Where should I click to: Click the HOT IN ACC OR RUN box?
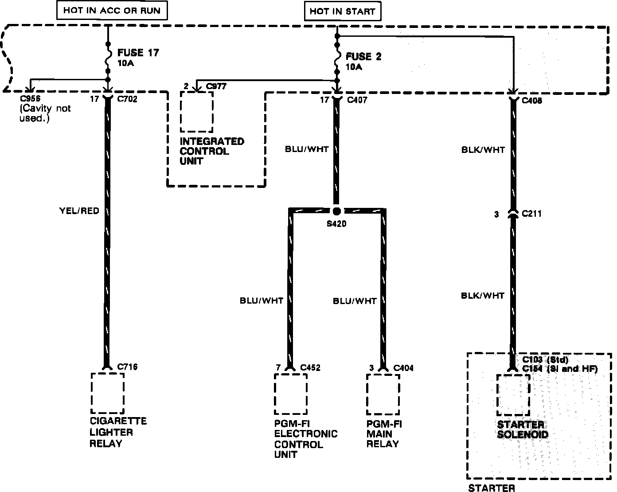click(112, 10)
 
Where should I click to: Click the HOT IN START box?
click(342, 11)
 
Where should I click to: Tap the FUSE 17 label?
click(138, 53)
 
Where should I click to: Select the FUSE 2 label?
click(363, 57)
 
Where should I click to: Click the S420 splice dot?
click(337, 211)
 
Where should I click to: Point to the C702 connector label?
click(127, 99)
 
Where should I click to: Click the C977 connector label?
click(217, 86)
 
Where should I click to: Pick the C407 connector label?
click(357, 100)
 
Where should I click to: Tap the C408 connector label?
click(532, 101)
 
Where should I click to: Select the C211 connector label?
click(532, 214)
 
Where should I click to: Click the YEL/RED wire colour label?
click(79, 211)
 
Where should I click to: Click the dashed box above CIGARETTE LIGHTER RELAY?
click(107, 393)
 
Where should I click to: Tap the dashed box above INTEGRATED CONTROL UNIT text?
click(196, 112)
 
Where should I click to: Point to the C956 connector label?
click(30, 99)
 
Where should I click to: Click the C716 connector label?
click(127, 367)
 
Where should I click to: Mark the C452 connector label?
click(310, 367)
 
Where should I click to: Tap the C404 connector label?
click(403, 367)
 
